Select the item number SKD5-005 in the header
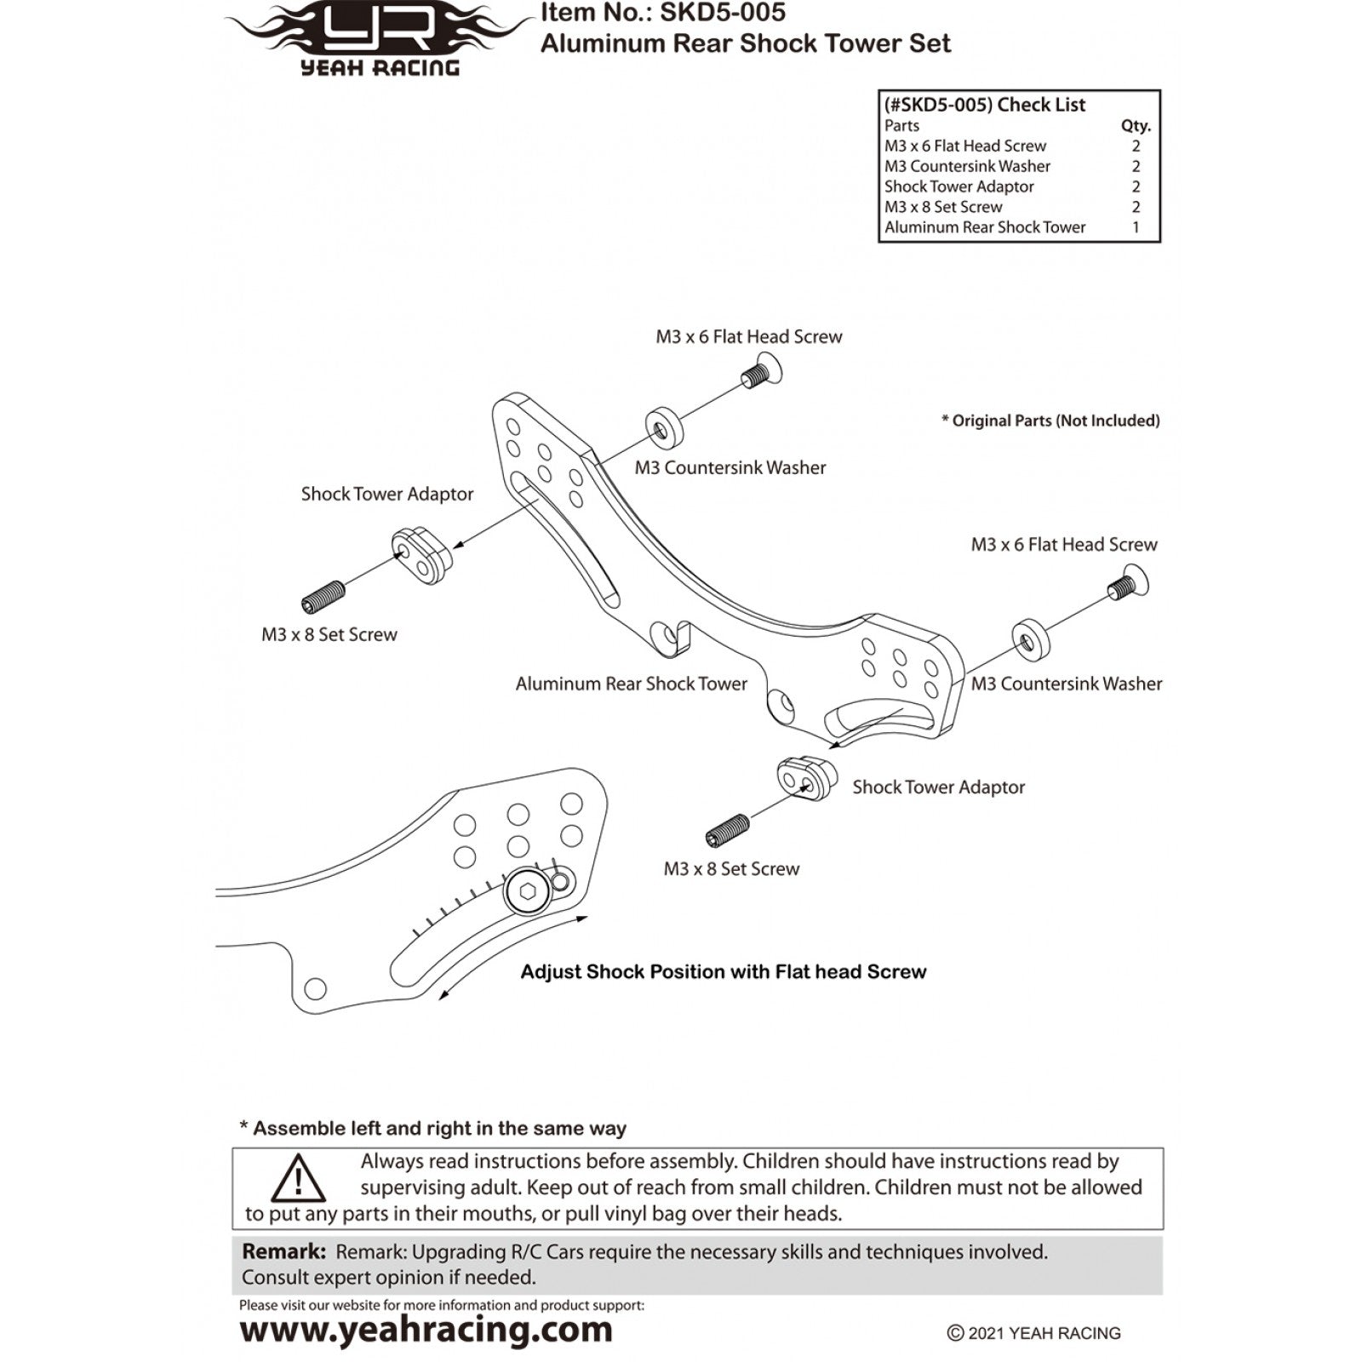click(723, 13)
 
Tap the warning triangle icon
click(299, 1178)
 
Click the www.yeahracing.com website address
click(426, 1330)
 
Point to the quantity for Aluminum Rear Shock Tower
click(1136, 227)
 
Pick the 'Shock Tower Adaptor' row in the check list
click(1013, 186)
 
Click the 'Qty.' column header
click(1136, 126)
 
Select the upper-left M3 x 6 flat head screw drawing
click(761, 373)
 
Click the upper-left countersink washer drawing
click(664, 427)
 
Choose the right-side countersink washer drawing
click(1031, 639)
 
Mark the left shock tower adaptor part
click(421, 555)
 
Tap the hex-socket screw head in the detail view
click(528, 893)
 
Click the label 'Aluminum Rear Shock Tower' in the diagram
click(632, 684)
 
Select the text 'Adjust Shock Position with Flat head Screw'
click(724, 972)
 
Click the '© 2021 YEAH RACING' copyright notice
click(1033, 1334)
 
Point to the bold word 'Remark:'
click(283, 1251)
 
